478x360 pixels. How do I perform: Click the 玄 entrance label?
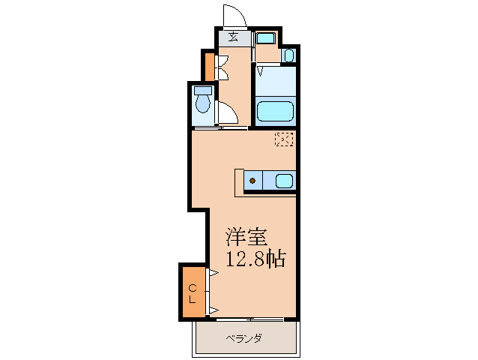(x=233, y=37)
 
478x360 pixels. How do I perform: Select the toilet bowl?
(x=202, y=104)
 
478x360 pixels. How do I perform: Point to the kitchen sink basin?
(x=284, y=181)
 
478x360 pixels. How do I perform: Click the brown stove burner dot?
(x=252, y=181)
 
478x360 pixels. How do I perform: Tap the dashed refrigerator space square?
(x=283, y=138)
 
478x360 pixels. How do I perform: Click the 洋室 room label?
(x=246, y=238)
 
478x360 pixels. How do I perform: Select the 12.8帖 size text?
(x=255, y=259)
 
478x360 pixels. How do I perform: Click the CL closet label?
(x=193, y=292)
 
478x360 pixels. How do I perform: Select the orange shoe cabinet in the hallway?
(x=209, y=66)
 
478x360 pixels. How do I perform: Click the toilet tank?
(x=202, y=91)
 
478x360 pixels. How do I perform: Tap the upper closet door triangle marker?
(x=214, y=274)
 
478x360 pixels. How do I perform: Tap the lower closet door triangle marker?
(x=214, y=308)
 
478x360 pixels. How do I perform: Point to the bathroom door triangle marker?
(x=259, y=71)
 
